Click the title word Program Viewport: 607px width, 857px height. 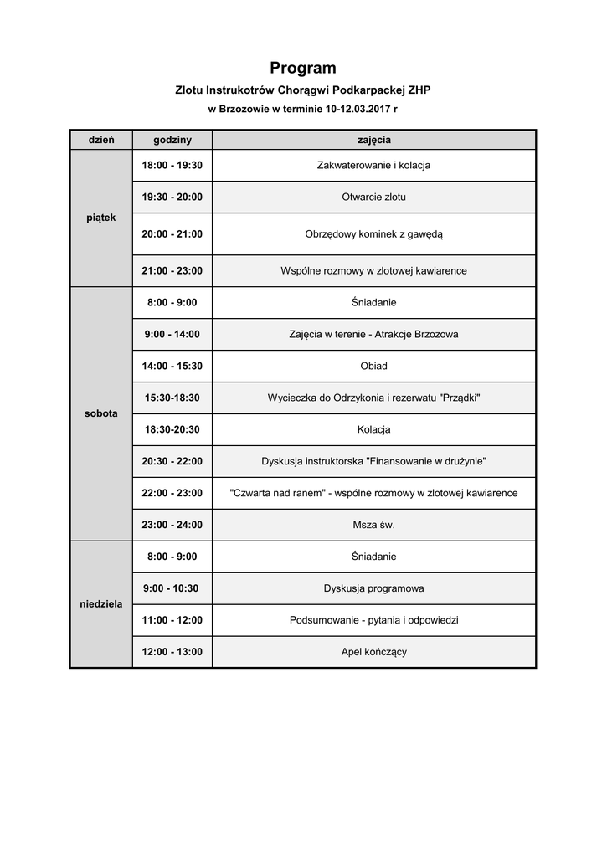click(x=302, y=69)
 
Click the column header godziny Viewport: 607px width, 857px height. click(x=172, y=140)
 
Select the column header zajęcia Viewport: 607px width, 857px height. click(x=373, y=140)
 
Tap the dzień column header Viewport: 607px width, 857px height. click(x=100, y=140)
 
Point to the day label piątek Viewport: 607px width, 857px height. click(x=100, y=218)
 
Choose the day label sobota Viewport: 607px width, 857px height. click(x=100, y=413)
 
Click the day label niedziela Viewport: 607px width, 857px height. click(x=100, y=603)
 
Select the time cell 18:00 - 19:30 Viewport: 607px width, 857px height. click(x=172, y=166)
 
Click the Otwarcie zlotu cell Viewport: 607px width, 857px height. click(x=373, y=198)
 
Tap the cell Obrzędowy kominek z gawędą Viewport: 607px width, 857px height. click(x=373, y=234)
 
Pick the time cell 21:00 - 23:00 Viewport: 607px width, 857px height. click(x=172, y=271)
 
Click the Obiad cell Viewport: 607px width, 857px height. click(x=373, y=366)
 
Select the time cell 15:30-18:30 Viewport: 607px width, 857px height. click(x=172, y=398)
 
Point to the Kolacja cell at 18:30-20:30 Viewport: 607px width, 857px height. click(x=373, y=429)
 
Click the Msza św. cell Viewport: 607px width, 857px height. click(x=373, y=525)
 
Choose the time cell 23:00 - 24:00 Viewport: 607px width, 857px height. click(x=172, y=525)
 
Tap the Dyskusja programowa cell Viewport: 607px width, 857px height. click(x=373, y=588)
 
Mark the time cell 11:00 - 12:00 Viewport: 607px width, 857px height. click(x=172, y=620)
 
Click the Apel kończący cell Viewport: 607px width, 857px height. click(x=373, y=652)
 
